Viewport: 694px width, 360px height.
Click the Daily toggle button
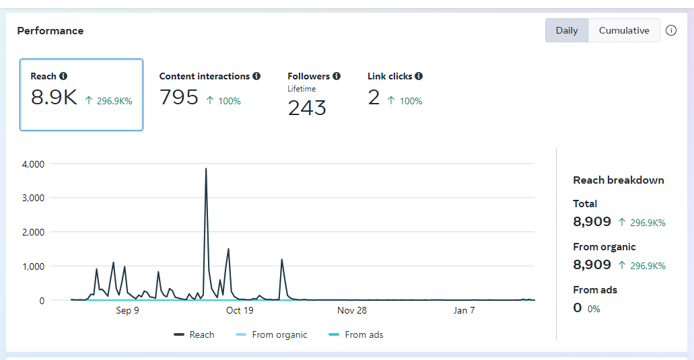[567, 30]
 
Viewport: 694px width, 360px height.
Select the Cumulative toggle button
[624, 30]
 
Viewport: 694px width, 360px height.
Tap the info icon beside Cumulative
[671, 30]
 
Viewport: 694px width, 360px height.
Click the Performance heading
[50, 31]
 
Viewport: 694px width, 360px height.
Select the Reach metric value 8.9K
[55, 98]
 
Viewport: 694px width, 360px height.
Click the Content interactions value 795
[179, 98]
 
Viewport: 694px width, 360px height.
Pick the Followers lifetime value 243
[307, 108]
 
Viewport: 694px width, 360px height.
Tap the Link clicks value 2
[374, 98]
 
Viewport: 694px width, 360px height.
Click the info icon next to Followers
[337, 77]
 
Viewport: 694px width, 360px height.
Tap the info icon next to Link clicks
[419, 77]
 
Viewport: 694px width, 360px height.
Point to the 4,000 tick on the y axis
[33, 164]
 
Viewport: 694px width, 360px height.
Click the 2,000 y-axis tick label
[33, 232]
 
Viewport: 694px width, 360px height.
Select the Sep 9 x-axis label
[127, 310]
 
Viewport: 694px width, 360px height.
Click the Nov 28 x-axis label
[352, 310]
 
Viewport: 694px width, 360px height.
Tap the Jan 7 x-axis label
[464, 310]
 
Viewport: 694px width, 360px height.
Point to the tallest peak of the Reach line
[206, 169]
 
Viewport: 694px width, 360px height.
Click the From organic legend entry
[272, 334]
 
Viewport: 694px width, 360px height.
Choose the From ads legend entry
[356, 334]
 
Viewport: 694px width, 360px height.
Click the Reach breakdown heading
[619, 180]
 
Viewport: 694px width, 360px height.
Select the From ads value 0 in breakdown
[578, 308]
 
